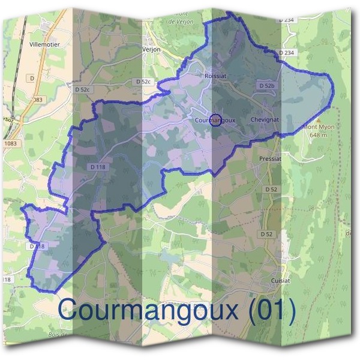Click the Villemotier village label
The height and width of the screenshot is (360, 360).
(44, 44)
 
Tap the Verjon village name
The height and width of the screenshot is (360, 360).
(151, 50)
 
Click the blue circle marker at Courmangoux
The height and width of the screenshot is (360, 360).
(217, 119)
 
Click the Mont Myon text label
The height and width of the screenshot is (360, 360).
(319, 127)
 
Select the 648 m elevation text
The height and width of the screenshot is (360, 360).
(319, 135)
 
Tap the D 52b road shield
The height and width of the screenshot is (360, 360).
(267, 86)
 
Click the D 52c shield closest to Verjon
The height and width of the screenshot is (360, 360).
(143, 81)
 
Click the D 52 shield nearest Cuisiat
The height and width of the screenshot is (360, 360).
(266, 233)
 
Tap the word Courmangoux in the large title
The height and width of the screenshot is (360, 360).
(145, 311)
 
